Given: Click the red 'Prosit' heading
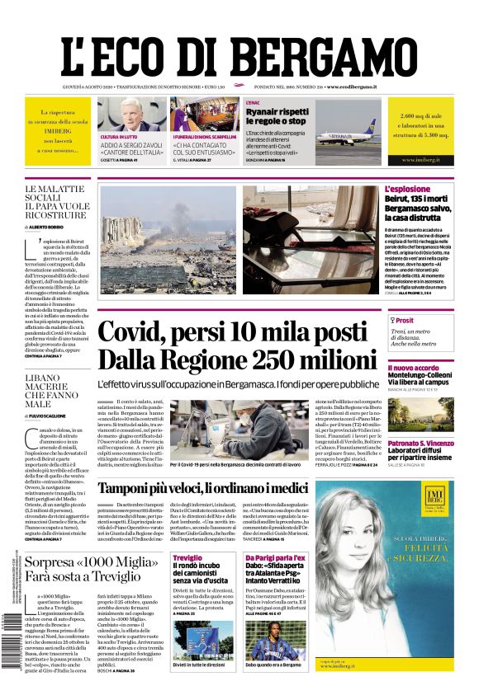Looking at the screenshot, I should point(404,321).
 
